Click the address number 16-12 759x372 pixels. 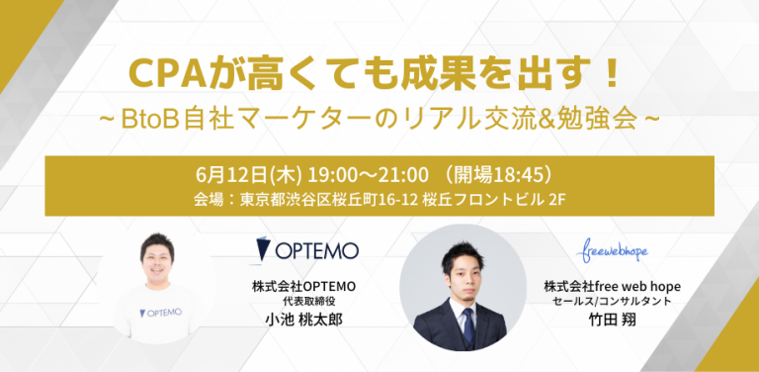pos(406,199)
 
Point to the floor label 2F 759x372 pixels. pos(556,199)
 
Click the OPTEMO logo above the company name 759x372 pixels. pos(306,248)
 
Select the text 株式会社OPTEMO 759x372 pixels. pos(303,287)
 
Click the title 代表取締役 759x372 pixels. pos(303,303)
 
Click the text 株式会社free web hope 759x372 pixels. pos(612,287)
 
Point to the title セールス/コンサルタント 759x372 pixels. pos(612,303)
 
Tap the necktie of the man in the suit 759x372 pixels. pos(463,325)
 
